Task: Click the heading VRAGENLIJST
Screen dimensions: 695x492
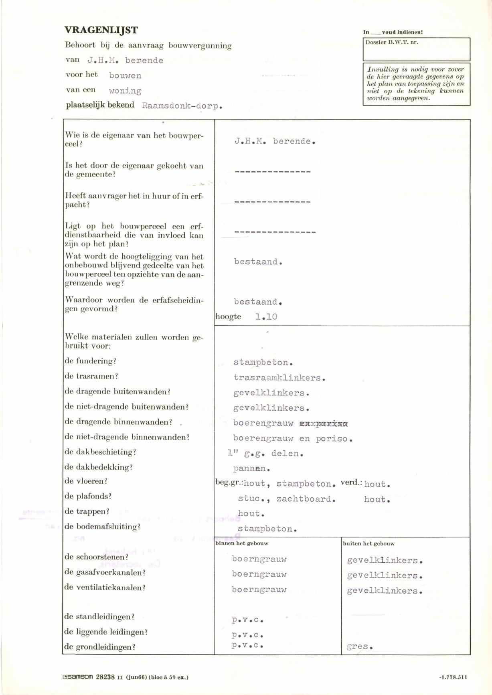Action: [x=101, y=30]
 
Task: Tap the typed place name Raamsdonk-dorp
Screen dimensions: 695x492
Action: [x=182, y=106]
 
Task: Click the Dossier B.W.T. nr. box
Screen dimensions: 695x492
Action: [x=416, y=49]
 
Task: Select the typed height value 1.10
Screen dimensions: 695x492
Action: [x=266, y=317]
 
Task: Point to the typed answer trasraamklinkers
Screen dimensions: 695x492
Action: [x=279, y=378]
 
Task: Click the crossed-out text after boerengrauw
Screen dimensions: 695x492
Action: [x=324, y=423]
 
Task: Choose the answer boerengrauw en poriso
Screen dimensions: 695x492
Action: [x=293, y=439]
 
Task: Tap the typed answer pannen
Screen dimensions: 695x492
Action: [x=252, y=468]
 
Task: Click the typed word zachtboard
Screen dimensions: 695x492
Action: [x=306, y=499]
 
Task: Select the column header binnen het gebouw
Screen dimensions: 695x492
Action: [x=242, y=543]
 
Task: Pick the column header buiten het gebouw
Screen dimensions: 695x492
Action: [x=368, y=543]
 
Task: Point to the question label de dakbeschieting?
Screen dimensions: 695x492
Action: [x=100, y=452]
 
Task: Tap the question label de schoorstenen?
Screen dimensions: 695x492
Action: [x=96, y=557]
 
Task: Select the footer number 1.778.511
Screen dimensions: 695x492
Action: [x=453, y=677]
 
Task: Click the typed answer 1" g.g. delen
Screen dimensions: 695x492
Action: [x=265, y=454]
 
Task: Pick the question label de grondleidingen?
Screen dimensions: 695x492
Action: [x=99, y=647]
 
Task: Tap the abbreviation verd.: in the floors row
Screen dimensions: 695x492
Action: [x=351, y=483]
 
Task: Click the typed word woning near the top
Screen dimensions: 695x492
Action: [x=125, y=91]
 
